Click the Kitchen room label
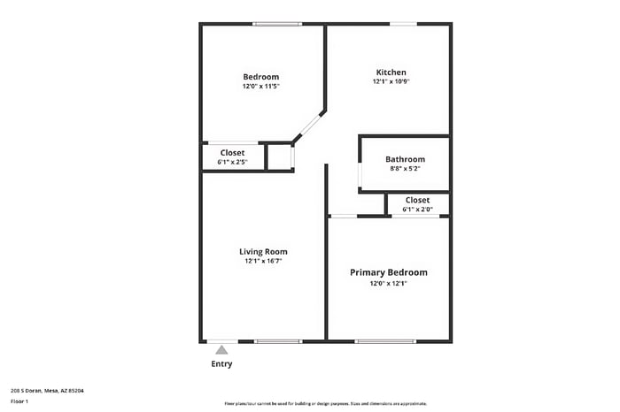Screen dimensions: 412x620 [x=391, y=72]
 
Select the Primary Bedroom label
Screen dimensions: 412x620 [x=388, y=272]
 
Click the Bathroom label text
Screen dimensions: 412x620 [x=405, y=159]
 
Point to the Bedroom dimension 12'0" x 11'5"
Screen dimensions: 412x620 [x=260, y=87]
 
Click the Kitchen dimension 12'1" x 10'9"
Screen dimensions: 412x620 [x=391, y=81]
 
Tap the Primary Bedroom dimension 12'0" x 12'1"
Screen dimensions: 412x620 [x=388, y=284]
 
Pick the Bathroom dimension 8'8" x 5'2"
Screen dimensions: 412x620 [x=405, y=168]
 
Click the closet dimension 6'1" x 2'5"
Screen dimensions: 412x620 [x=232, y=162]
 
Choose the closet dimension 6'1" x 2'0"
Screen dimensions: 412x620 [x=417, y=210]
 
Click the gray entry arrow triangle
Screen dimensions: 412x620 [x=221, y=350]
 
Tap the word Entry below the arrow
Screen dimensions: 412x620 [x=221, y=364]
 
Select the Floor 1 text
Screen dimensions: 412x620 [x=19, y=401]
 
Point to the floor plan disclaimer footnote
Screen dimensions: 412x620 [x=331, y=402]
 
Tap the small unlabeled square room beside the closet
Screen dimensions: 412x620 [x=279, y=156]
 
